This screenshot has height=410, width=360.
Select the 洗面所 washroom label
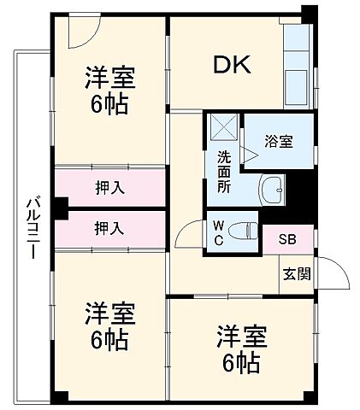[223, 169]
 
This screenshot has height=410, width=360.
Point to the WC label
[218, 232]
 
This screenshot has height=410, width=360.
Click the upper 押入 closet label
[109, 187]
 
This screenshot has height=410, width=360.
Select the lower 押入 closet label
[109, 228]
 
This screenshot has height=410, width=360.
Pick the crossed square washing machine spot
[223, 128]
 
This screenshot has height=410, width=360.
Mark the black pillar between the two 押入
[59, 208]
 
